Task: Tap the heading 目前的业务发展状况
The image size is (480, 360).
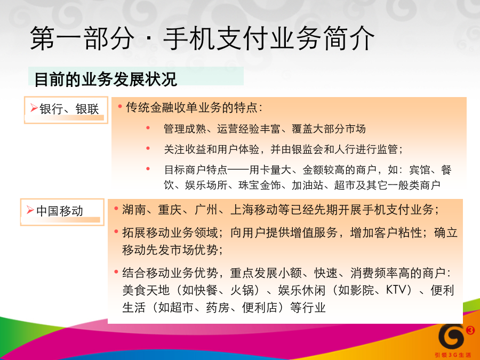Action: click(106, 79)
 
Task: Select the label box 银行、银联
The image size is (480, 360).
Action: click(66, 110)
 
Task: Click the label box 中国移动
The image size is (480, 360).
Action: click(62, 212)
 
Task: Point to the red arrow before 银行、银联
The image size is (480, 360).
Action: click(34, 108)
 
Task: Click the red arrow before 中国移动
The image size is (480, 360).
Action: click(30, 210)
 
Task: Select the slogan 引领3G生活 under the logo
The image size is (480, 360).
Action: click(453, 355)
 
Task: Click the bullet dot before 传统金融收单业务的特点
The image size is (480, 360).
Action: click(120, 107)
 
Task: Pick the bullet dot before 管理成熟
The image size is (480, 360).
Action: click(148, 128)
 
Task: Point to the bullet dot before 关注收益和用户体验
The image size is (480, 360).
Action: click(148, 148)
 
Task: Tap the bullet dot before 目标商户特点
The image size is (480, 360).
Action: click(148, 169)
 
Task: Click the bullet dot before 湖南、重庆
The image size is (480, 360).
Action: click(116, 209)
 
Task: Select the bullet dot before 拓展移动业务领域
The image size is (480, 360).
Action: click(116, 232)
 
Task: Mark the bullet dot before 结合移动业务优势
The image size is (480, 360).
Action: click(116, 271)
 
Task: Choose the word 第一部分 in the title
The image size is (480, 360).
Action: click(82, 38)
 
